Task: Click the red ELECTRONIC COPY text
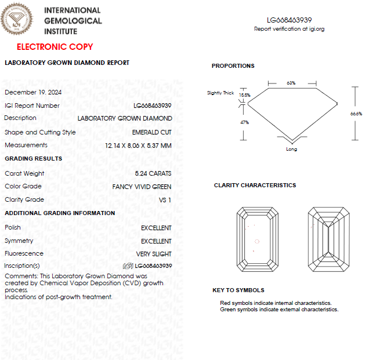pyautogui.click(x=55, y=47)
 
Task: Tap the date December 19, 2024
pyautogui.click(x=33, y=92)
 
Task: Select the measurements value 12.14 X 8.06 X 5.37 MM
pyautogui.click(x=135, y=146)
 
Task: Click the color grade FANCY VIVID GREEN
pyautogui.click(x=142, y=187)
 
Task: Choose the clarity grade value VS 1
pyautogui.click(x=165, y=200)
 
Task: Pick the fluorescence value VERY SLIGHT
pyautogui.click(x=154, y=254)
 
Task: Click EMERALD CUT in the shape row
pyautogui.click(x=152, y=132)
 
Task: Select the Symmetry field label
pyautogui.click(x=19, y=241)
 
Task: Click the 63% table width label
pyautogui.click(x=291, y=83)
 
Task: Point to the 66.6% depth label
pyautogui.click(x=356, y=114)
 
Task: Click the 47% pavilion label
pyautogui.click(x=244, y=122)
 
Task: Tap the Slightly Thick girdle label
pyautogui.click(x=220, y=93)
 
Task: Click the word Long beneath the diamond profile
pyautogui.click(x=292, y=150)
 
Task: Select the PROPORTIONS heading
pyautogui.click(x=233, y=66)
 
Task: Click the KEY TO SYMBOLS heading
pyautogui.click(x=238, y=290)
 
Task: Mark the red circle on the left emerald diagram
pyautogui.click(x=257, y=241)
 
